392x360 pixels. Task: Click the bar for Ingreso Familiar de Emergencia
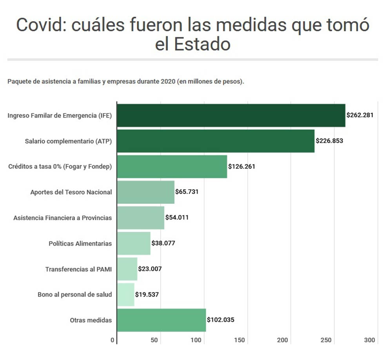click(x=231, y=115)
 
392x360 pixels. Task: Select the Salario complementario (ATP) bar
click(x=216, y=141)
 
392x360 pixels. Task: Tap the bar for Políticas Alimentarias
click(x=134, y=243)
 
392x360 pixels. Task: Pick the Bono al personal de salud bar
click(x=125, y=295)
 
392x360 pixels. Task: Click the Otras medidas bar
click(x=162, y=320)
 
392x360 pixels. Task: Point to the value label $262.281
click(x=359, y=115)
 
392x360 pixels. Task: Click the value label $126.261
click(x=241, y=166)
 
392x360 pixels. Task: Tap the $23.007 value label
click(x=150, y=269)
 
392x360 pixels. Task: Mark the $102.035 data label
click(x=220, y=320)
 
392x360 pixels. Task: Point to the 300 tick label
click(x=369, y=340)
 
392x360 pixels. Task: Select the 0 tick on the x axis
click(x=113, y=340)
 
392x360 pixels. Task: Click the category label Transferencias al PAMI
click(x=78, y=269)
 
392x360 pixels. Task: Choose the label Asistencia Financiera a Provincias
click(x=62, y=218)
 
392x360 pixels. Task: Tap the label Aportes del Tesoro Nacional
click(x=71, y=192)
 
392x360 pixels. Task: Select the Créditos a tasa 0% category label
click(x=60, y=166)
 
